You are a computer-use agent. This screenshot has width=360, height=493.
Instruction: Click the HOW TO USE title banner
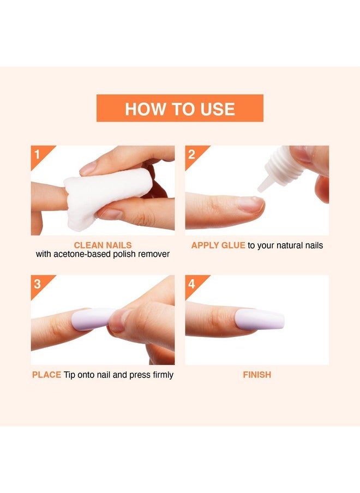[x=179, y=108]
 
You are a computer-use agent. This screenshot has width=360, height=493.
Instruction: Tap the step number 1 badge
[x=38, y=153]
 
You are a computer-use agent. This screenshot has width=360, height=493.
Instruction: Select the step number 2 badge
[x=191, y=153]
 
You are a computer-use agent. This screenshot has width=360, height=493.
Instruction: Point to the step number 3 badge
[x=38, y=283]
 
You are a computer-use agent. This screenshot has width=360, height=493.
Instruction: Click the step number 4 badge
[x=191, y=283]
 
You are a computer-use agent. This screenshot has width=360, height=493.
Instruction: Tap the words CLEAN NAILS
[x=103, y=245]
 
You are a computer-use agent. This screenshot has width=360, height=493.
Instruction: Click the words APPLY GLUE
[x=218, y=245]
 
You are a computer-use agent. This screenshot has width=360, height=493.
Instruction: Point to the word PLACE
[x=46, y=375]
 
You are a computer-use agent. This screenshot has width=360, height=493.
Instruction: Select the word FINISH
[x=257, y=375]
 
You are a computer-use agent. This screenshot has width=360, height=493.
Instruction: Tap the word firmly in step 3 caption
[x=161, y=375]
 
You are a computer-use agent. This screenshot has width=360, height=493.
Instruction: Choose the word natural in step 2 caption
[x=289, y=245]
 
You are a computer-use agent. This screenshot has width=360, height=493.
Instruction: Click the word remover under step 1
[x=155, y=254]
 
